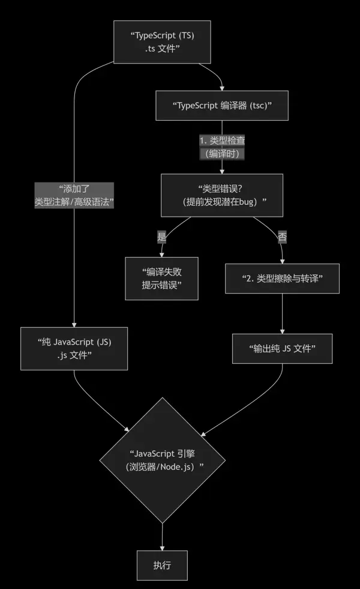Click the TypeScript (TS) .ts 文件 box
162,42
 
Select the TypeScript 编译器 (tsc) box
222,105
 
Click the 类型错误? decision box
222,195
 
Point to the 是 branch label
161,237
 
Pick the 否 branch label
282,237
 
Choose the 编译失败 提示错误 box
161,278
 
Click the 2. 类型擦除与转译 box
282,278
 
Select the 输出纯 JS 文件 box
282,348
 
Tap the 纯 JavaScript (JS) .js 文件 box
74,348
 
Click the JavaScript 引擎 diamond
162,460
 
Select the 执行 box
162,566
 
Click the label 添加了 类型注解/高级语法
74,195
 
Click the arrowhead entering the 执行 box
162,548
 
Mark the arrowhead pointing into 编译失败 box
161,255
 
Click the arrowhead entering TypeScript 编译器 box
222,88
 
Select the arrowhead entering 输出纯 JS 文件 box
282,331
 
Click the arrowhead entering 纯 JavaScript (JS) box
74,324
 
